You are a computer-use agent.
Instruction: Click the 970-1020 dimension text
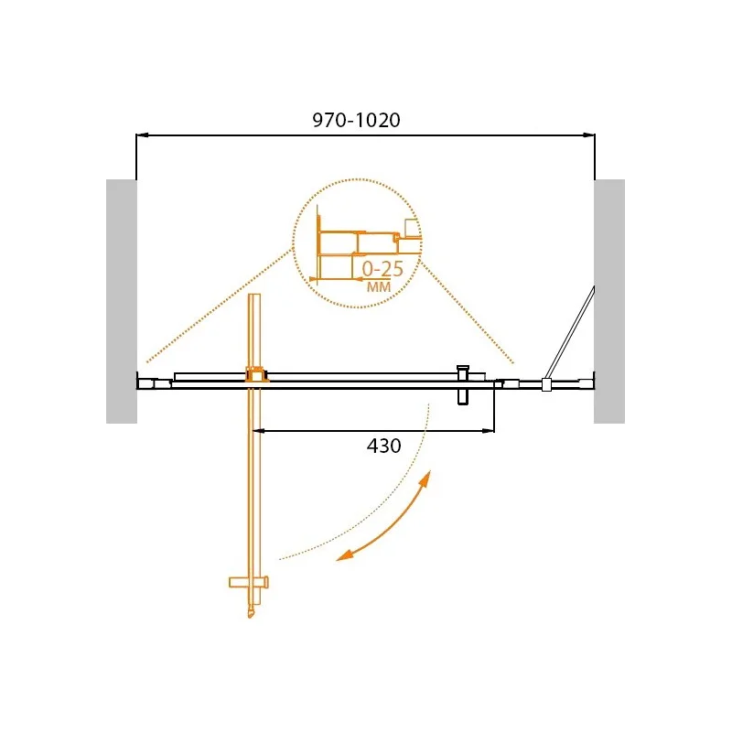pyautogui.click(x=356, y=121)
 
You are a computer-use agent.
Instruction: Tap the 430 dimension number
pyautogui.click(x=383, y=446)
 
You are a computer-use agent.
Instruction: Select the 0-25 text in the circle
pyautogui.click(x=382, y=269)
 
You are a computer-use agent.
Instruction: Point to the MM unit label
pyautogui.click(x=379, y=286)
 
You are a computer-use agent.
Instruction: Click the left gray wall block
pyautogui.click(x=122, y=301)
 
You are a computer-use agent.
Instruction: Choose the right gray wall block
pyautogui.click(x=609, y=301)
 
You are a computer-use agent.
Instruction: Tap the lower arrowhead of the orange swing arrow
pyautogui.click(x=344, y=554)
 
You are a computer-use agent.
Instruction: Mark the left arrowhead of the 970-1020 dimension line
pyautogui.click(x=142, y=135)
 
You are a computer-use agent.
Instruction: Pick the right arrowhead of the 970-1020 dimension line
pyautogui.click(x=589, y=135)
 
